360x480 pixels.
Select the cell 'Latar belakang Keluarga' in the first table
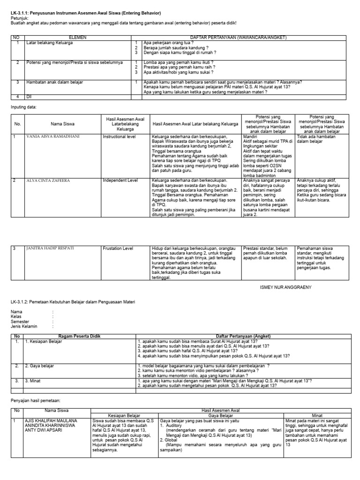point(49,43)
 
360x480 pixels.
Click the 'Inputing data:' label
point(23,107)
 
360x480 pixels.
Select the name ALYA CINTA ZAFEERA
point(49,180)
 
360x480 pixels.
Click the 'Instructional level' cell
point(120,137)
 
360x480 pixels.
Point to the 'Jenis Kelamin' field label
point(24,326)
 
